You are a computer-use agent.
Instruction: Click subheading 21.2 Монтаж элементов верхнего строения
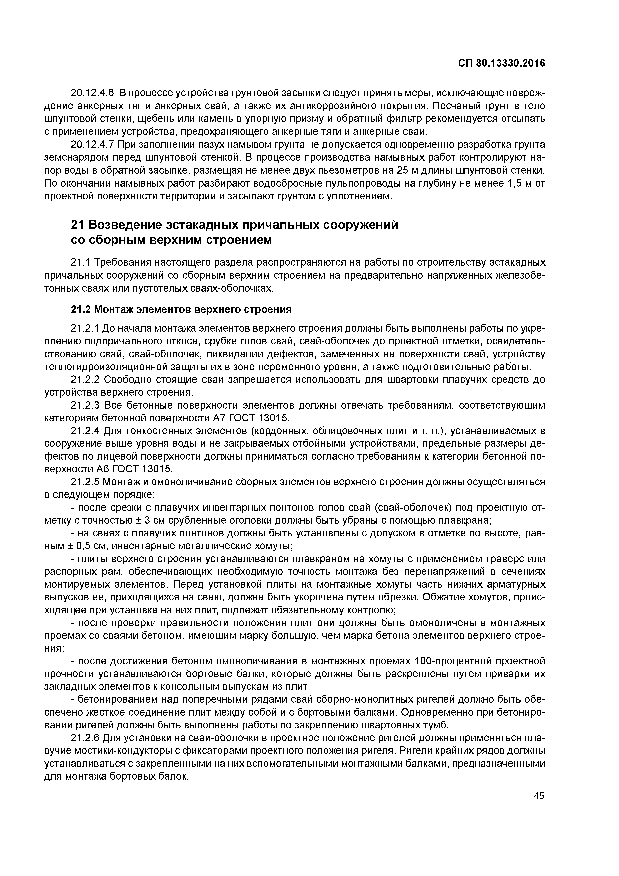click(181, 309)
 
